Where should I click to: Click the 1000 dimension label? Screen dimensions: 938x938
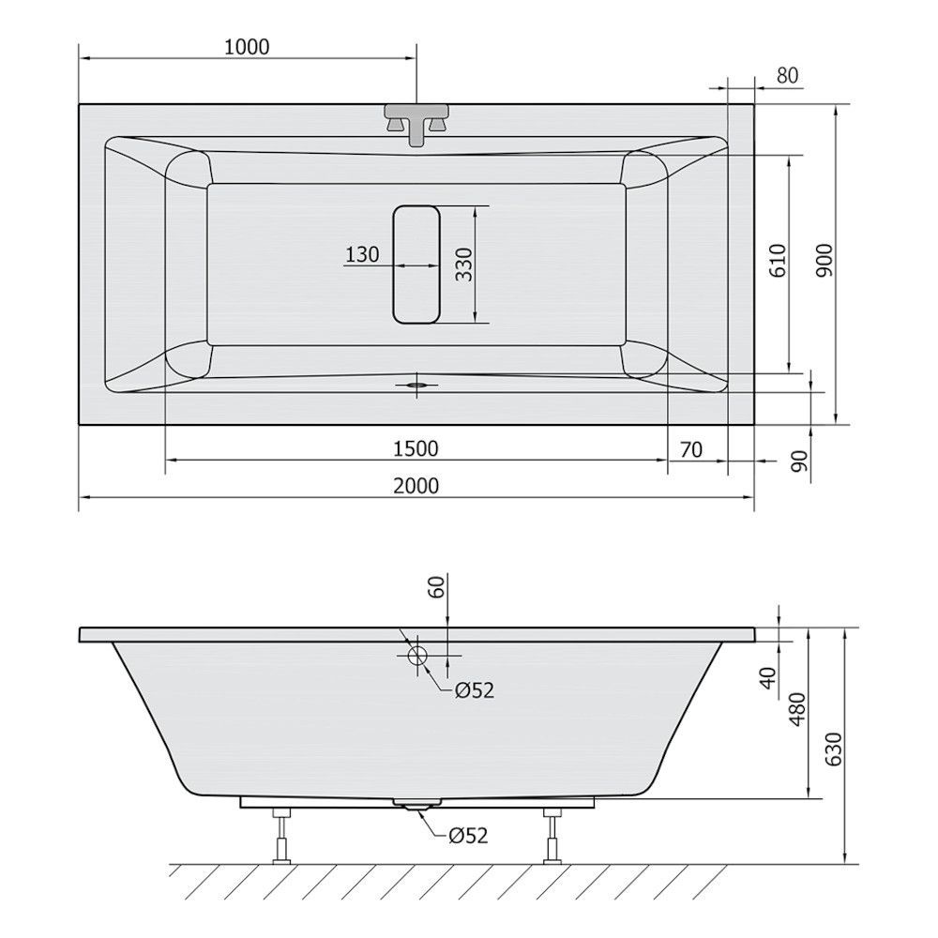point(247,47)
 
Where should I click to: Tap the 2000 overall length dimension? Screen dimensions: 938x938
point(416,485)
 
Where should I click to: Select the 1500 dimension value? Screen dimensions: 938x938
point(416,448)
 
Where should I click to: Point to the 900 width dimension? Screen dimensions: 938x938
point(825,260)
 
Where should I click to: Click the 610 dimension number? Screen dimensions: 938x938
point(777,260)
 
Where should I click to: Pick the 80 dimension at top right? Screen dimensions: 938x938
point(787,75)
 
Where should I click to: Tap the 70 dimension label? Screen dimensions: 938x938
point(691,448)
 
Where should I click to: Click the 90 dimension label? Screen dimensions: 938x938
point(799,461)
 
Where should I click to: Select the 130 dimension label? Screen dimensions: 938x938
point(362,254)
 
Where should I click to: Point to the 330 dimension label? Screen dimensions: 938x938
point(463,264)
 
